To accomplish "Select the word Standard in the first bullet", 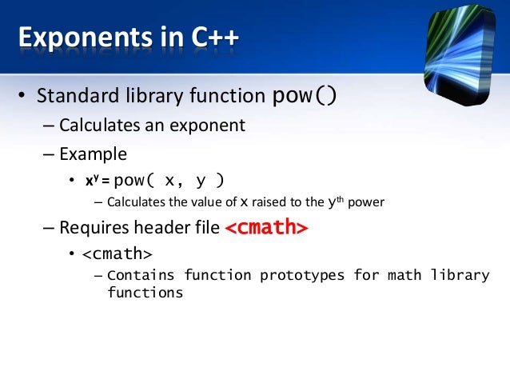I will point(73,98).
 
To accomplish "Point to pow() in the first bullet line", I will point(305,97).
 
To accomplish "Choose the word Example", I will point(93,153).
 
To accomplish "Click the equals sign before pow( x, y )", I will point(106,181).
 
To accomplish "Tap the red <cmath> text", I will point(265,228).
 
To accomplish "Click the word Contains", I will point(141,276).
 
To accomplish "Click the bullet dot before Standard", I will point(24,98).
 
